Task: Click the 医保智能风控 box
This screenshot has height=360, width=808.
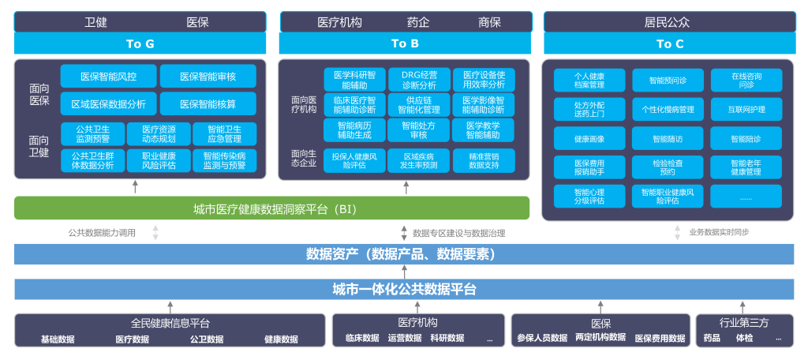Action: (x=109, y=77)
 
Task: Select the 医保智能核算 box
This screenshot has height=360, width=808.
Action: (x=208, y=103)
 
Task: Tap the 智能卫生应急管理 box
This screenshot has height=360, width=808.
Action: (x=225, y=134)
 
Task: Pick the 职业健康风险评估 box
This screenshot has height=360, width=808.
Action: (x=159, y=161)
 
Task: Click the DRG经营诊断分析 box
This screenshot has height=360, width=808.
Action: (x=419, y=79)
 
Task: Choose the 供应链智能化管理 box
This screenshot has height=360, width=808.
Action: (x=419, y=105)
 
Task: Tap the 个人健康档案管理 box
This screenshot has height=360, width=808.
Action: (x=589, y=80)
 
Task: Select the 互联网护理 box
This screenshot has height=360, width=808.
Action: (x=746, y=109)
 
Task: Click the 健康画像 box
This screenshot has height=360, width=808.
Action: (x=589, y=139)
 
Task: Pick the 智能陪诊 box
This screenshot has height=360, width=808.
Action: (x=746, y=139)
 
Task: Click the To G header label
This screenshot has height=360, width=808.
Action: (x=140, y=44)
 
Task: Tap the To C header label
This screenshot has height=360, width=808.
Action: (x=670, y=44)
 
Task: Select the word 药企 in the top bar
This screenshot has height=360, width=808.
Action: (x=418, y=22)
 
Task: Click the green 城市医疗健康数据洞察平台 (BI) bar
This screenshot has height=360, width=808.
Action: (x=271, y=208)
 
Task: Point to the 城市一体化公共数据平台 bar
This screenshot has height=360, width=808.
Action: (x=404, y=290)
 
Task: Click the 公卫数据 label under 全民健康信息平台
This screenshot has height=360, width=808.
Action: (x=207, y=339)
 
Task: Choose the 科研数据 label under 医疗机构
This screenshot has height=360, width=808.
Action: (x=447, y=339)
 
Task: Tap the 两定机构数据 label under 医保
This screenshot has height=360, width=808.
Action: (x=600, y=338)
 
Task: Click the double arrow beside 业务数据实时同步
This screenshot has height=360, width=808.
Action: (x=677, y=233)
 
